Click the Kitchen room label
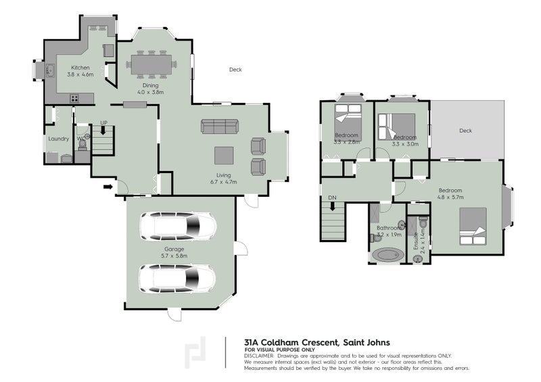[81, 68]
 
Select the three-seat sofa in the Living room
[220, 126]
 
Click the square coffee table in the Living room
[225, 156]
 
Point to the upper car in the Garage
[178, 225]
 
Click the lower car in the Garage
[178, 277]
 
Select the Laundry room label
[58, 139]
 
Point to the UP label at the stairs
[103, 122]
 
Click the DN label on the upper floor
[331, 197]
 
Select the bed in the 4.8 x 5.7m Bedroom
[473, 227]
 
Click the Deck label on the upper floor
[466, 130]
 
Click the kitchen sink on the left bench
[50, 70]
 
